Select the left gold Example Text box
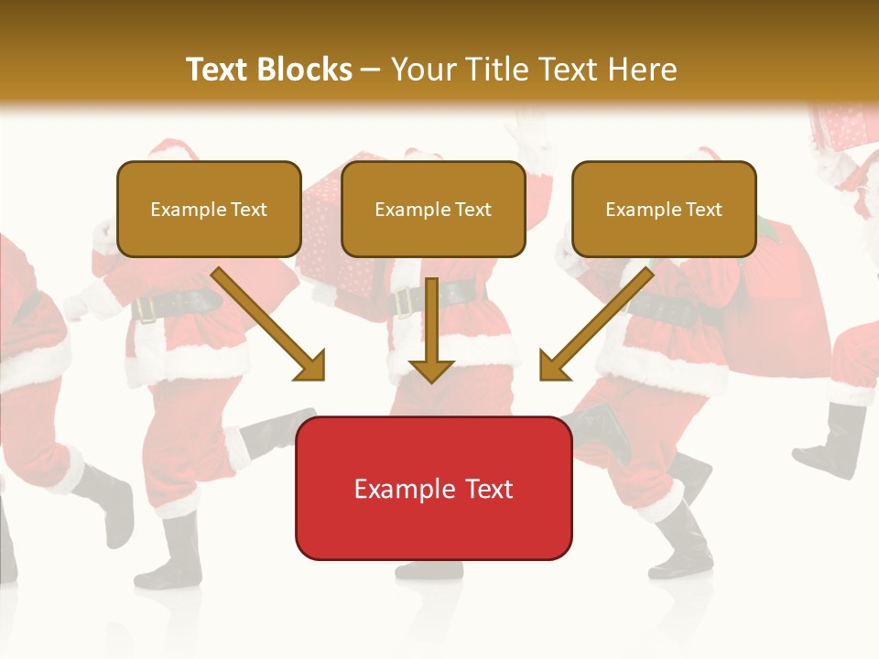point(209,209)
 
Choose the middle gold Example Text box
point(433,209)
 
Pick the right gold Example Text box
point(664,209)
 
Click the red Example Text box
point(433,488)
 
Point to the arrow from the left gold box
point(266,322)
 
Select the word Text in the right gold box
point(703,209)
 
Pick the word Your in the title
point(417,70)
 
